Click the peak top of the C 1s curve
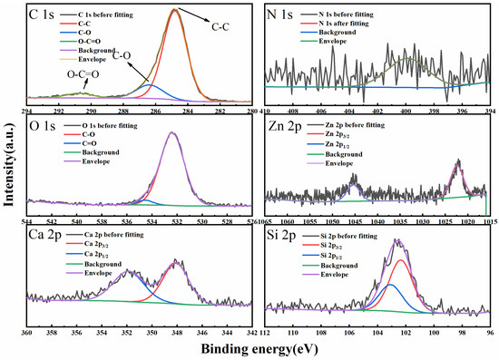(174, 10)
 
